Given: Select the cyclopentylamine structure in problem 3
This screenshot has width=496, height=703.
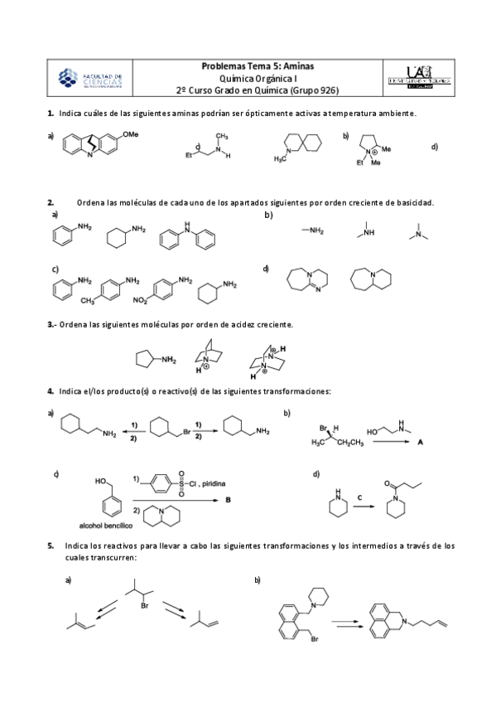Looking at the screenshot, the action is point(155,359).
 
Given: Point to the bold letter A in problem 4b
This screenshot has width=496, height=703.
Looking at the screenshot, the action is point(421,444).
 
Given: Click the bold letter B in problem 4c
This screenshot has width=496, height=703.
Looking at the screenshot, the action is point(227,500).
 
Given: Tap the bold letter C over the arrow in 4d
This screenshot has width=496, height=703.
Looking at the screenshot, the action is point(359,497).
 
